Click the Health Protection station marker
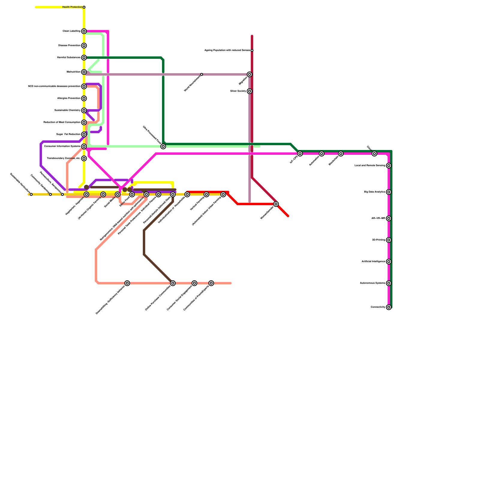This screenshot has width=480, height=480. tap(84, 7)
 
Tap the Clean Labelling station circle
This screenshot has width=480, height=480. tap(84, 31)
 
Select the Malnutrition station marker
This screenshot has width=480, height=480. tap(84, 72)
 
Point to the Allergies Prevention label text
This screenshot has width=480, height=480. tap(69, 98)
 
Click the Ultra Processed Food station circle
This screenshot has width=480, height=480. tap(163, 146)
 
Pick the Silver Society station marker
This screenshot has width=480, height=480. tap(250, 91)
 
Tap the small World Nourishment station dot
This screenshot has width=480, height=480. tap(202, 74)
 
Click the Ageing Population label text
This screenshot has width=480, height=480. tap(227, 50)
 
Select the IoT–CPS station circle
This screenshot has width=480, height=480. tap(300, 154)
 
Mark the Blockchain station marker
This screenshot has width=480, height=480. tap(341, 154)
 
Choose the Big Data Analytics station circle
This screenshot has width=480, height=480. tap(389, 192)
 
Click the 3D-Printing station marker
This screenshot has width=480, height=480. tap(389, 240)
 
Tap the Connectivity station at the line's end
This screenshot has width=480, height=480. tap(389, 307)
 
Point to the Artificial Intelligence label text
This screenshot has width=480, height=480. tap(373, 262)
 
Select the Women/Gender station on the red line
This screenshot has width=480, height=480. tap(276, 204)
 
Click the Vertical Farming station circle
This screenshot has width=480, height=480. tap(206, 194)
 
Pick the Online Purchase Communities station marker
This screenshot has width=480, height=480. tap(173, 283)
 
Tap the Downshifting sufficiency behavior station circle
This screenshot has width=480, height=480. tap(127, 283)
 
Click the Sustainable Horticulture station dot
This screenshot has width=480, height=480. tap(31, 194)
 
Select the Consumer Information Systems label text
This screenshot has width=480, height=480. tap(62, 146)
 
